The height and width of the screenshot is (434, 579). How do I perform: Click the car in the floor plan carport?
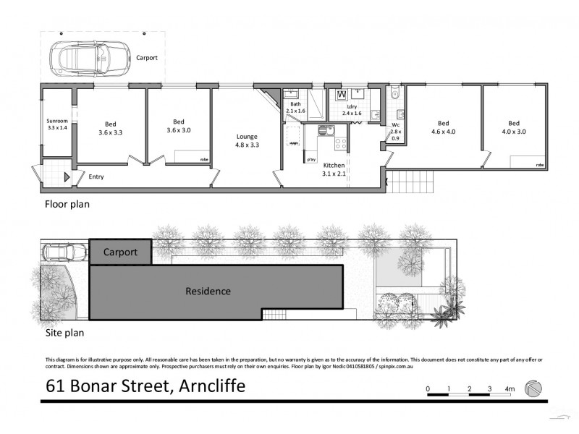click(x=81, y=56)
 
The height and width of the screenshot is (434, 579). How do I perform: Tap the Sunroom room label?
click(x=56, y=123)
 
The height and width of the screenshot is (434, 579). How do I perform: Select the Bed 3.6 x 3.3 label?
click(x=110, y=128)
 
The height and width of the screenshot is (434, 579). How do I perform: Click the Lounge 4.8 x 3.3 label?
click(x=247, y=140)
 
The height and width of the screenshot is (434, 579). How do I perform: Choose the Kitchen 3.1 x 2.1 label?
click(x=334, y=169)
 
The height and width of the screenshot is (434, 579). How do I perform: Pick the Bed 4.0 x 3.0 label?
click(x=513, y=127)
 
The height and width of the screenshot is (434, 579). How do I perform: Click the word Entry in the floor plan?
click(x=96, y=176)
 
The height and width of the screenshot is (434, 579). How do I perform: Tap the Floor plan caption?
click(x=67, y=205)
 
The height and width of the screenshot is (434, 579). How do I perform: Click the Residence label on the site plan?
click(x=208, y=292)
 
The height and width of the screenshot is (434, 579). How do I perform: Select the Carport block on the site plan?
click(x=120, y=252)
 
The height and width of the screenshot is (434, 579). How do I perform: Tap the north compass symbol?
click(x=533, y=388)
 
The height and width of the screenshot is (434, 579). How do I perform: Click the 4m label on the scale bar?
click(x=511, y=389)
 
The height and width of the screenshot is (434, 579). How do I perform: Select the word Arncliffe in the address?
click(x=210, y=386)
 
